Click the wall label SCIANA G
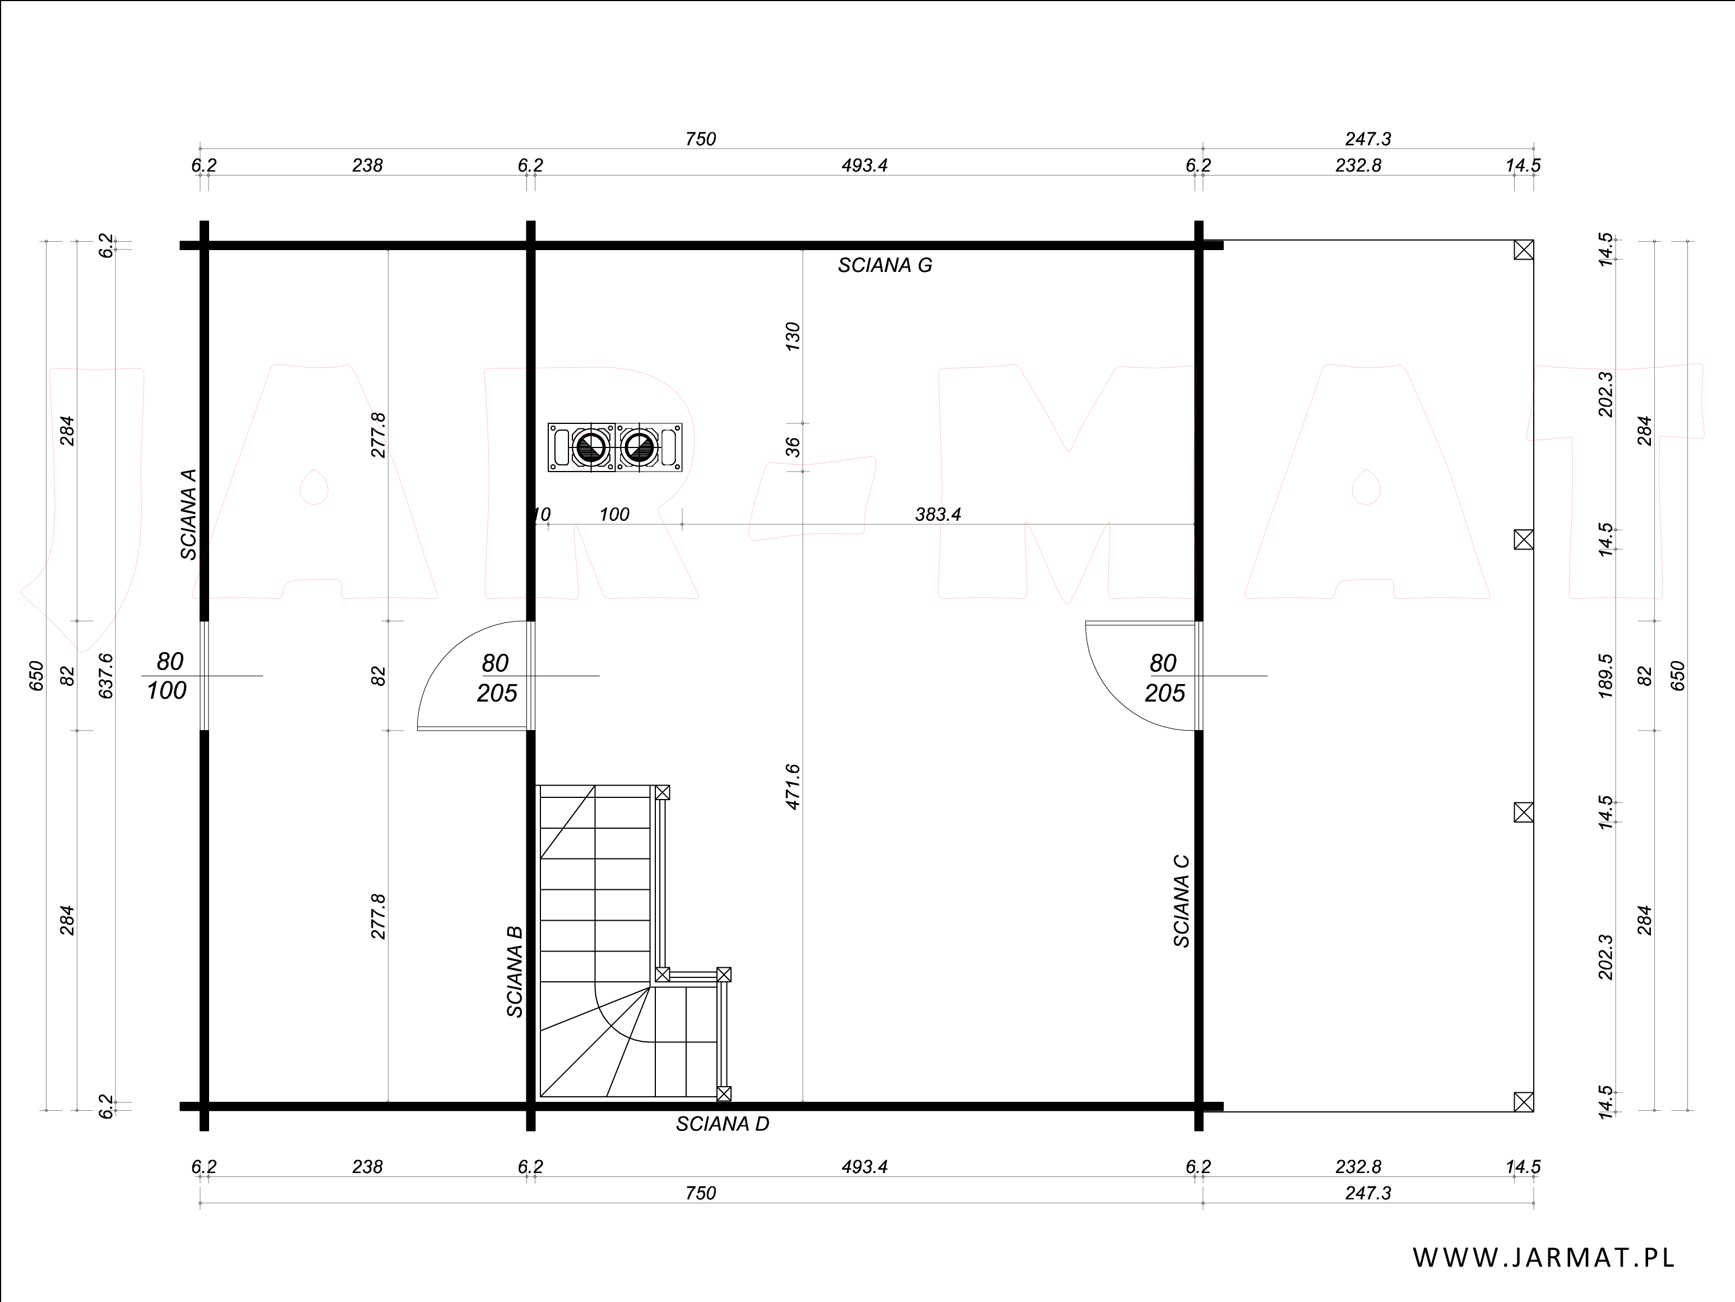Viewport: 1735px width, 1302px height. click(x=885, y=266)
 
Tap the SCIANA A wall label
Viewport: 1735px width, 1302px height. click(x=188, y=514)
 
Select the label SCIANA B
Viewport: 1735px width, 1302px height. click(x=515, y=972)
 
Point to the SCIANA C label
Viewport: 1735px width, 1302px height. click(x=1181, y=901)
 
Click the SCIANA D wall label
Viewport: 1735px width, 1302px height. click(x=723, y=1124)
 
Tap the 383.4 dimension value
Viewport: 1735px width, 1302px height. click(x=938, y=515)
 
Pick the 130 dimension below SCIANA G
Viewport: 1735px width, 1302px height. click(x=793, y=336)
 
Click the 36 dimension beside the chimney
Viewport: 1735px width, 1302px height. click(x=793, y=447)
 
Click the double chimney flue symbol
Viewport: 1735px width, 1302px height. click(x=615, y=447)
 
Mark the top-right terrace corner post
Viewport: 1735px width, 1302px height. click(x=1523, y=250)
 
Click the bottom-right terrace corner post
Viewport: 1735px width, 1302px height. click(x=1523, y=1102)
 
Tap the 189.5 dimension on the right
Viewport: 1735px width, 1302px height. click(x=1606, y=676)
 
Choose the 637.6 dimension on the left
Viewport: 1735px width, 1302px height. click(x=107, y=676)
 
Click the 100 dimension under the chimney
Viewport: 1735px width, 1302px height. click(x=614, y=515)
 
